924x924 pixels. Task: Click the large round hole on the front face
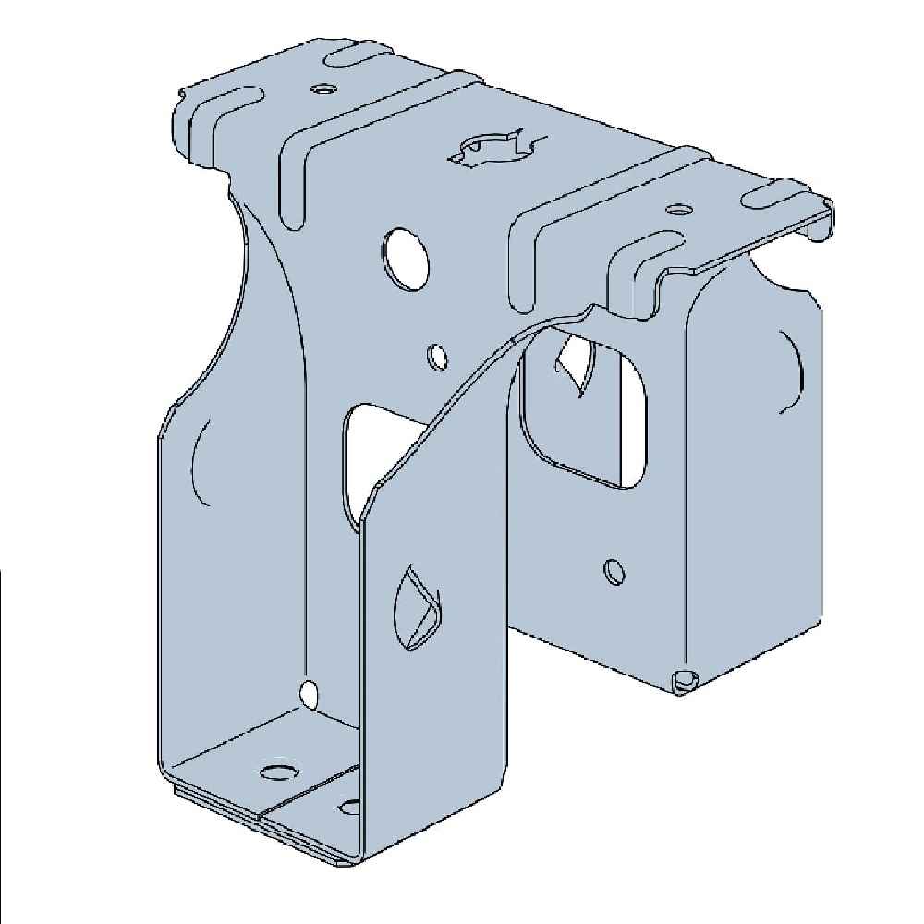(404, 253)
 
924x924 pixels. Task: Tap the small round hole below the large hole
(438, 357)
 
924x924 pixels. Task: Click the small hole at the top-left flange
(322, 90)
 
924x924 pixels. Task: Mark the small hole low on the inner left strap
(310, 691)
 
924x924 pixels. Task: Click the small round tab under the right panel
(685, 682)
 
